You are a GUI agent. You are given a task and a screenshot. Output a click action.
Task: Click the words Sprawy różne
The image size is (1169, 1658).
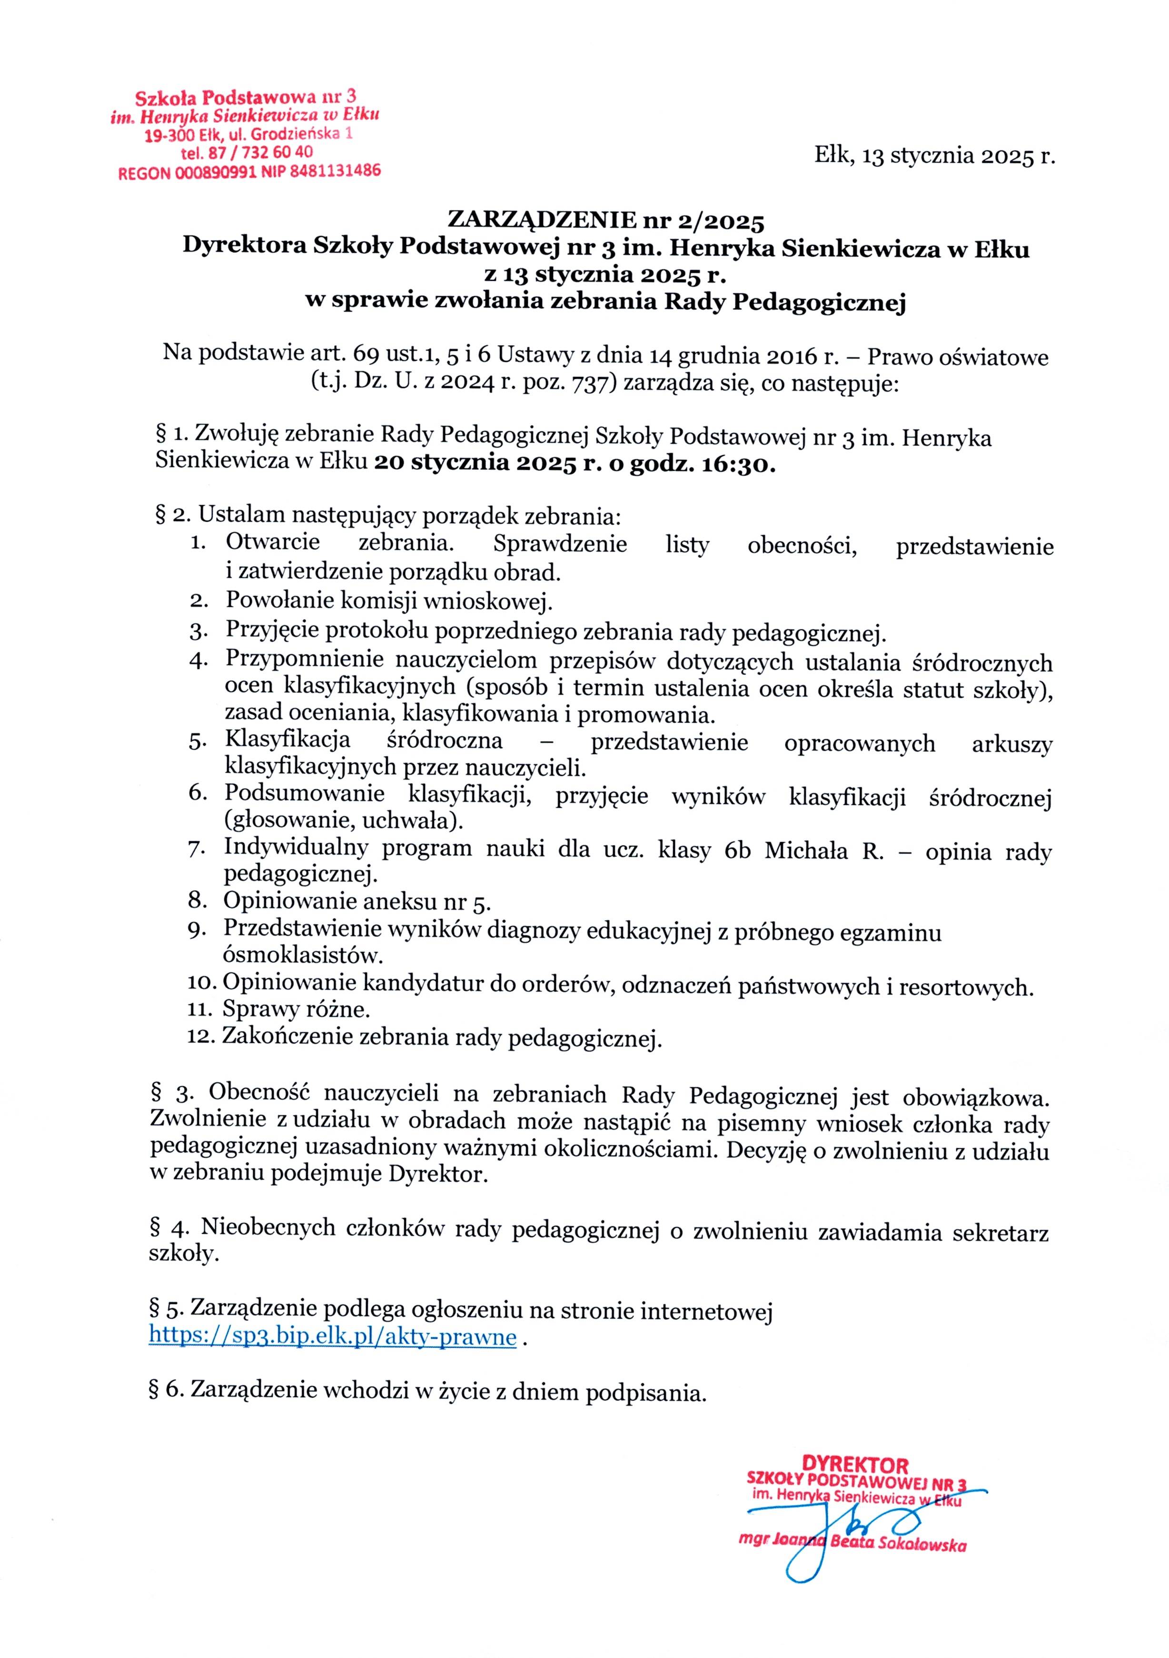296,1008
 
